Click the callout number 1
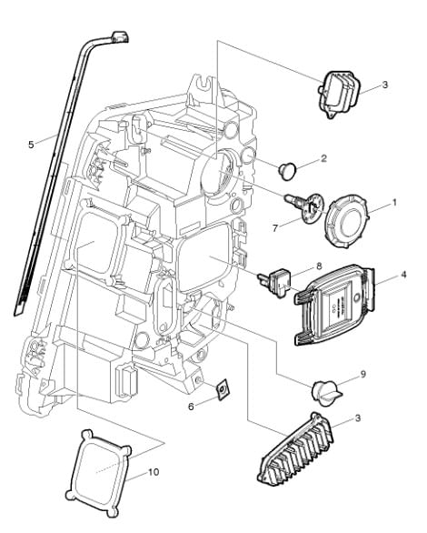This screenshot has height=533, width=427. (394, 203)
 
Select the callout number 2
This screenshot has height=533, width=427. (323, 158)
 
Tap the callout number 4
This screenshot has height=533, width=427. (403, 274)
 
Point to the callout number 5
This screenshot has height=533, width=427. (31, 145)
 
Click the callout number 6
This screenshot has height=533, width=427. (191, 407)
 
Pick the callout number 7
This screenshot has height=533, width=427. (275, 227)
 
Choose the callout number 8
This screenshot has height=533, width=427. (319, 266)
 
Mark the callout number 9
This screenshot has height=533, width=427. (362, 374)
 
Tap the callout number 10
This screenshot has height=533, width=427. (154, 472)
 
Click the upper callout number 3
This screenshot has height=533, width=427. (384, 85)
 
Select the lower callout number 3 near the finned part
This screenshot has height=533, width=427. (358, 417)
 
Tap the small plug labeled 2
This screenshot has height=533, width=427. (287, 170)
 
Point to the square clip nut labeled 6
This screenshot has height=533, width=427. (223, 389)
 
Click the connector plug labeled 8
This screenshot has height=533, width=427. (276, 282)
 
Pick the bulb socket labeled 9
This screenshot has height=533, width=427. (326, 393)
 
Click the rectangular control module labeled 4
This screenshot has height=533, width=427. (335, 305)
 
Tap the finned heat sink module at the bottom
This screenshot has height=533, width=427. (296, 449)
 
